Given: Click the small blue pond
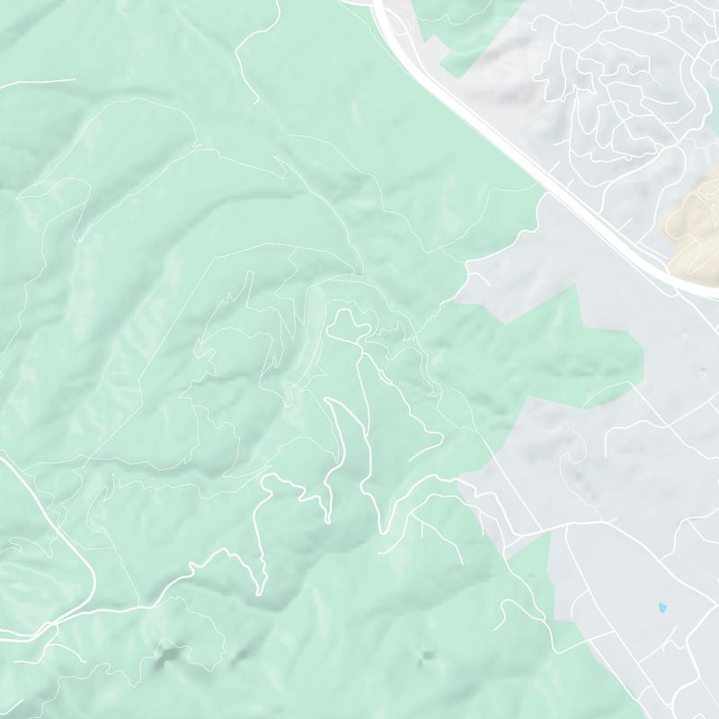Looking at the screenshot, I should click(662, 608).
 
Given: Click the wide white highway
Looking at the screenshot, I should click(503, 135).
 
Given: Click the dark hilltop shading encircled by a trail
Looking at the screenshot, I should click(169, 659).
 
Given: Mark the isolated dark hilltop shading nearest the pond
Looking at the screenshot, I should click(426, 655).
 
